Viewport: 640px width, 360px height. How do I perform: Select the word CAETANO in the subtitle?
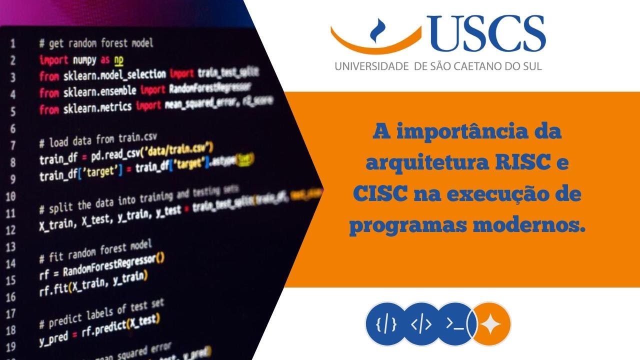(478, 66)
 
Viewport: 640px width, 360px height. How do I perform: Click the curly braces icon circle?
(386, 323)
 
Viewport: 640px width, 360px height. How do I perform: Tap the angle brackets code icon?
(421, 323)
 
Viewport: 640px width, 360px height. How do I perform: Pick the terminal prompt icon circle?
(454, 323)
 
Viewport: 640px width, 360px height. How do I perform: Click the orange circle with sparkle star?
(490, 323)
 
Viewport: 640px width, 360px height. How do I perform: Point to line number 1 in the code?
(13, 43)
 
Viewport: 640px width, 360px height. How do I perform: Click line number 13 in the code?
(11, 247)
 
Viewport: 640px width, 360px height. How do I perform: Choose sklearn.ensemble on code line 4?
(98, 92)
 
